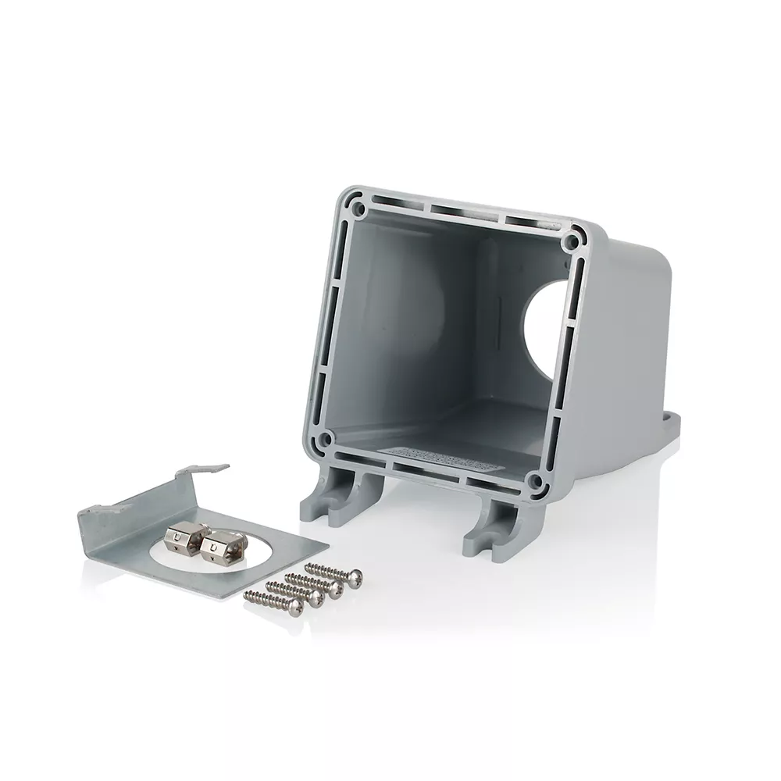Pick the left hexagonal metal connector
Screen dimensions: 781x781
point(180,537)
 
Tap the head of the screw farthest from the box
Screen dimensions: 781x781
point(295,606)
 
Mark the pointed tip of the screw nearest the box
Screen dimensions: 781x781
point(307,565)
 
